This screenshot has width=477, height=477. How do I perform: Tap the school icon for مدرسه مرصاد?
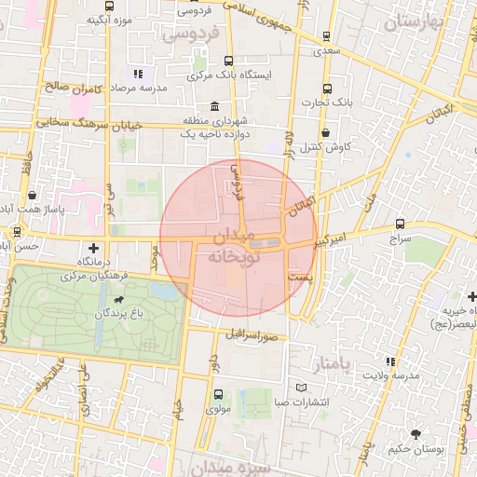click(x=138, y=73)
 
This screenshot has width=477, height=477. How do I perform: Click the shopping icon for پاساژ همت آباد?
click(x=34, y=197)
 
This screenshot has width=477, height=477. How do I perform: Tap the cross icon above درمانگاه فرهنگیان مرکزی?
click(x=92, y=248)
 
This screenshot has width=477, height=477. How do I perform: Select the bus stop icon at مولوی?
click(x=216, y=392)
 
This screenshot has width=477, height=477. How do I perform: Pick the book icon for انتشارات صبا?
click(x=300, y=388)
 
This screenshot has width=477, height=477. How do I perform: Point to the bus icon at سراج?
click(x=401, y=225)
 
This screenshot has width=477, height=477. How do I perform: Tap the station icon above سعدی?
click(x=326, y=36)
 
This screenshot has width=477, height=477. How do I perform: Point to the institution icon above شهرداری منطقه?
click(x=216, y=105)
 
